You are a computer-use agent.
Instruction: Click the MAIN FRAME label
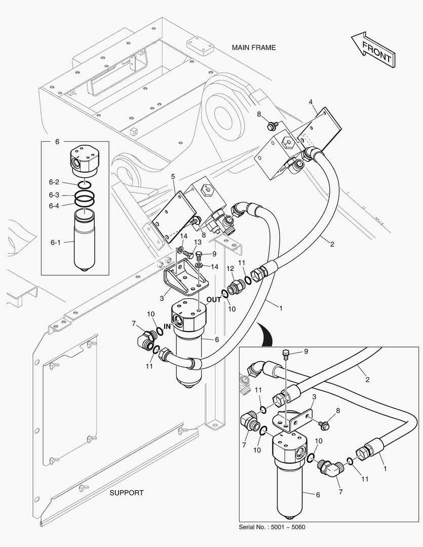pyautogui.click(x=254, y=48)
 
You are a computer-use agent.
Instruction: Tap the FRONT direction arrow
pyautogui.click(x=373, y=50)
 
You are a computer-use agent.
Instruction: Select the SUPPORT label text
pyautogui.click(x=127, y=493)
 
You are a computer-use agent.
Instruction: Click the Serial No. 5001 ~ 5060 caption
pyautogui.click(x=272, y=527)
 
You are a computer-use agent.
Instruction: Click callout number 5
pyautogui.click(x=173, y=176)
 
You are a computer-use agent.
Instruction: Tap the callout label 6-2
pyautogui.click(x=54, y=182)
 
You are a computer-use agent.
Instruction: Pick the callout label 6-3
pyautogui.click(x=54, y=195)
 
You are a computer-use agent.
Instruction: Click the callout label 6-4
pyautogui.click(x=54, y=206)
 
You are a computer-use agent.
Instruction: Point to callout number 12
pyautogui.click(x=229, y=268)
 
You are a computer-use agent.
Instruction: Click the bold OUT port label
pyautogui.click(x=214, y=299)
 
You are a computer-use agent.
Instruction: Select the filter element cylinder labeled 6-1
pyautogui.click(x=83, y=243)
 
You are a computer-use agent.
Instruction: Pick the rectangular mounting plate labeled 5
pyautogui.click(x=172, y=215)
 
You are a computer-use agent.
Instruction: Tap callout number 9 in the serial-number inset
pyautogui.click(x=305, y=351)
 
